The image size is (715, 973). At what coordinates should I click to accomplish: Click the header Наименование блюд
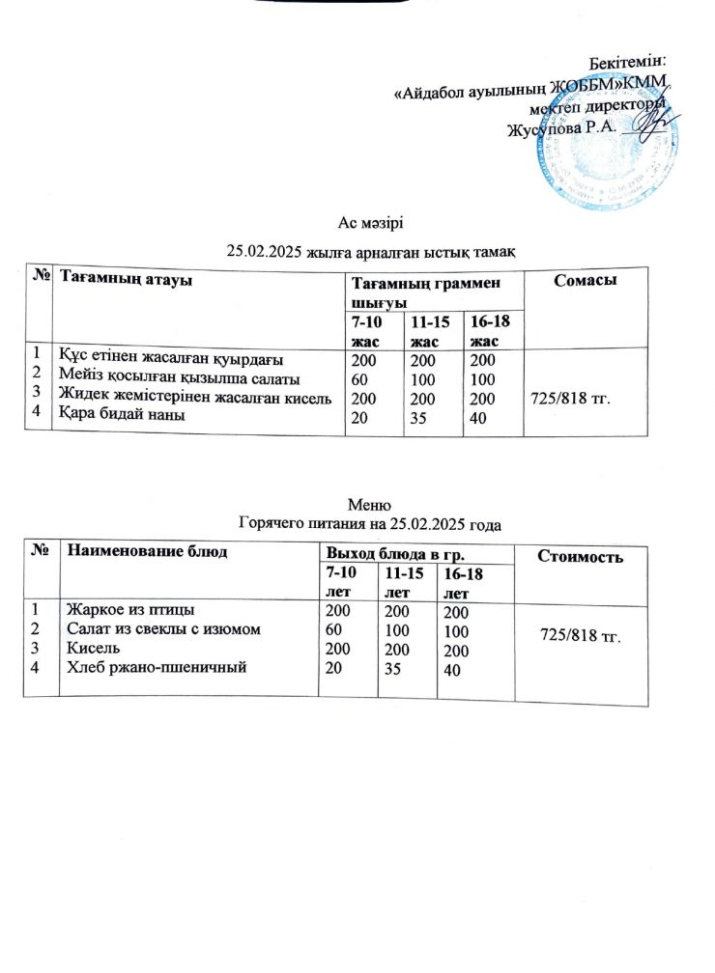click(x=147, y=551)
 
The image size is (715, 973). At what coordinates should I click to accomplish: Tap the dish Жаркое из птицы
click(x=130, y=609)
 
